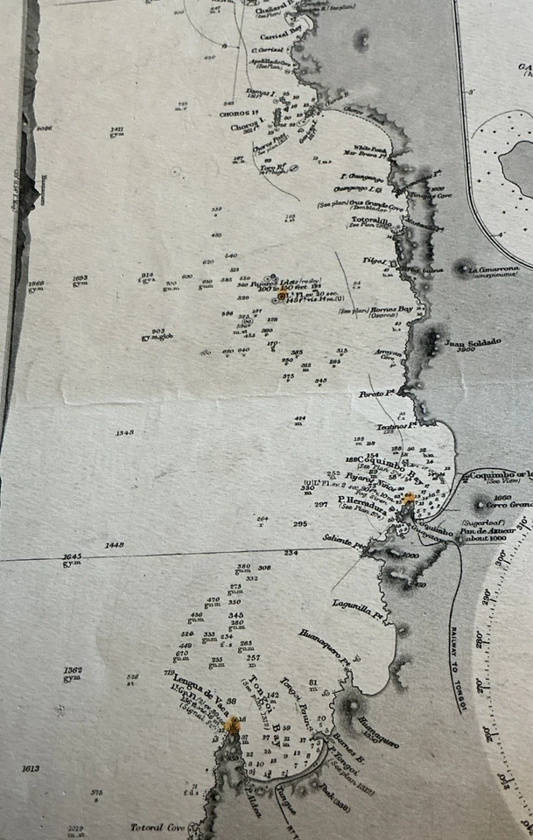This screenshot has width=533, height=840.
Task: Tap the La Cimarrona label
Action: (498, 269)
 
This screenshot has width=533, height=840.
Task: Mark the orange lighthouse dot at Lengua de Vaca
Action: (233, 724)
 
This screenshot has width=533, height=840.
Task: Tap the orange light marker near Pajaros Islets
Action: (283, 295)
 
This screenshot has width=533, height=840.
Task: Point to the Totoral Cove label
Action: (158, 827)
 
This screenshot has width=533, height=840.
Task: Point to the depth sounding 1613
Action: (31, 768)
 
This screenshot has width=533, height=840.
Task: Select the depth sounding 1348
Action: (124, 433)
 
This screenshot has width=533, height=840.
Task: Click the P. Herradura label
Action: (350, 500)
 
